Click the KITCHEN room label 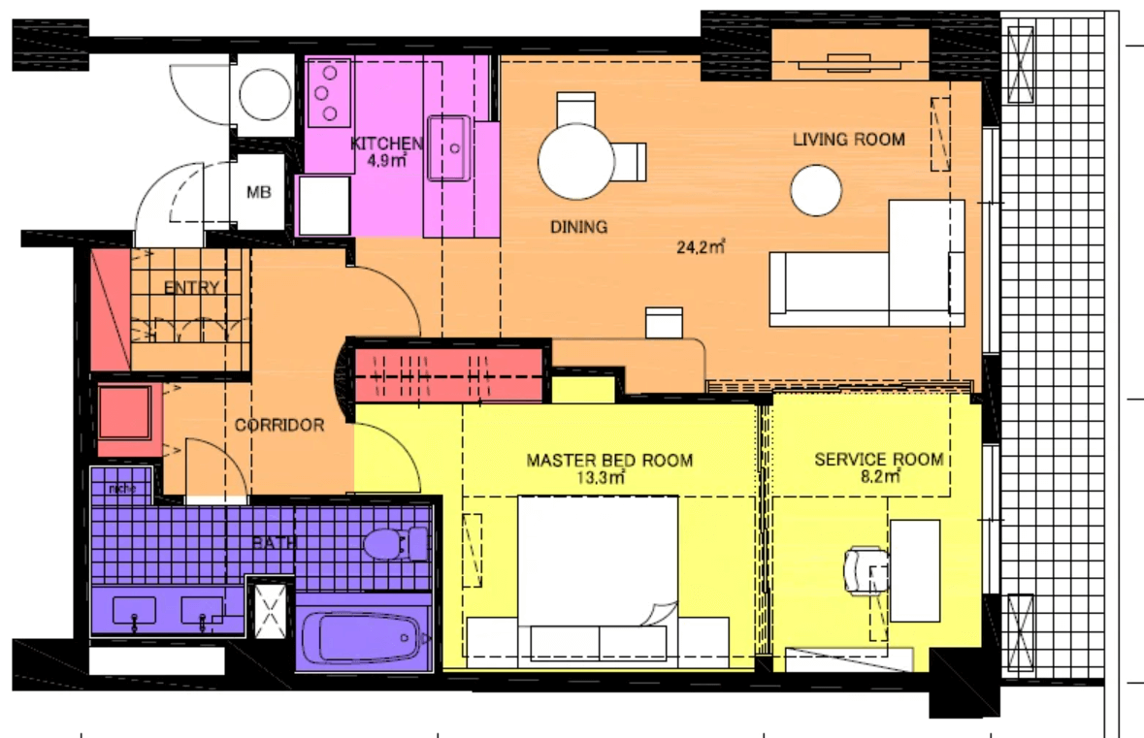386,144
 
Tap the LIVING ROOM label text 848,140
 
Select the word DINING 578,227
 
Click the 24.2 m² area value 702,246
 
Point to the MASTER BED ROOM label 609,460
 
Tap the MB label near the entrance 258,192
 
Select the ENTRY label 191,288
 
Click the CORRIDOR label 279,425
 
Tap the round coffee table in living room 816,190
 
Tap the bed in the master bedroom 597,572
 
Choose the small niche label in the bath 121,487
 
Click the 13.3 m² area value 609,477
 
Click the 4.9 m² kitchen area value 386,161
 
